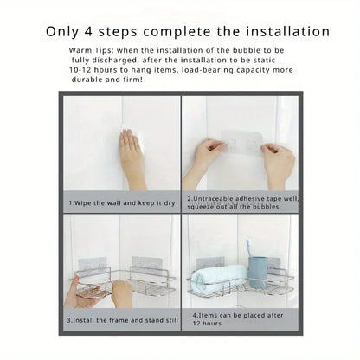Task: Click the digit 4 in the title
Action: tap(89, 31)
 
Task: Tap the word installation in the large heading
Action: tap(288, 31)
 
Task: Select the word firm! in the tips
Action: tap(132, 80)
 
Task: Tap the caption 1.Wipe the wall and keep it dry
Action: tap(122, 203)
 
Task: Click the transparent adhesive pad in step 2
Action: tap(241, 144)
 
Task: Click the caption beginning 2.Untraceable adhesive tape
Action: tap(243, 202)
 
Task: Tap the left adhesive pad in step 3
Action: tap(93, 267)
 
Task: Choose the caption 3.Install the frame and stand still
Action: tap(123, 320)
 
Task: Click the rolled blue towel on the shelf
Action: tap(219, 276)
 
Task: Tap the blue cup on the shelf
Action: tap(258, 273)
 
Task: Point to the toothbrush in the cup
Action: tap(249, 248)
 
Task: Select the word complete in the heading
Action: tap(177, 32)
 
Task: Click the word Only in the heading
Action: tap(62, 32)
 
